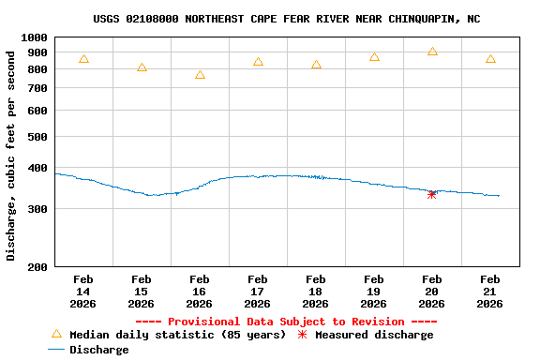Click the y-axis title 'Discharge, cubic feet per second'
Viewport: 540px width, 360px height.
click(11, 155)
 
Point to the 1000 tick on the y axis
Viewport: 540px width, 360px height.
click(36, 37)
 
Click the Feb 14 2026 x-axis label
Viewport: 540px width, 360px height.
click(82, 292)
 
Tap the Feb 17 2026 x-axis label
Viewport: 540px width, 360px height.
click(257, 292)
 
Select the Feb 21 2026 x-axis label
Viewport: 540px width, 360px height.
click(489, 292)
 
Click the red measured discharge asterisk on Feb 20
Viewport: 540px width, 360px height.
click(432, 194)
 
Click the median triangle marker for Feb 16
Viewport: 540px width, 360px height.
click(200, 75)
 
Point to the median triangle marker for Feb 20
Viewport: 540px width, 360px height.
click(432, 52)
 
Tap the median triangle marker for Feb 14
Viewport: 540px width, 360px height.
click(83, 59)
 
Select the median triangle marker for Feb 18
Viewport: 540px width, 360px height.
click(316, 65)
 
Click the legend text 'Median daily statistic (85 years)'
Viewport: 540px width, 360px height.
click(177, 335)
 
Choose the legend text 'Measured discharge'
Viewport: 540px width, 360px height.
click(374, 335)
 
